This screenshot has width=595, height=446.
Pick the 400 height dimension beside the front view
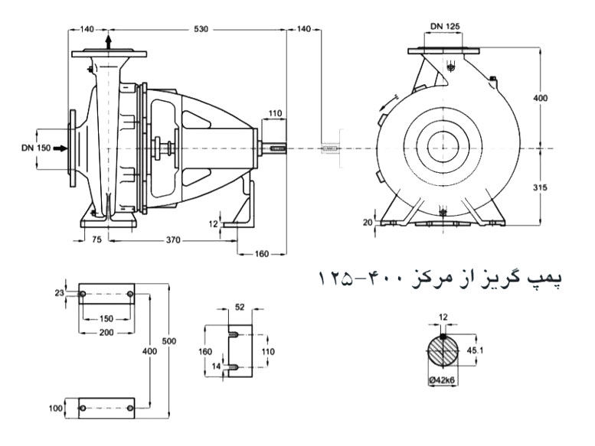coord(541,99)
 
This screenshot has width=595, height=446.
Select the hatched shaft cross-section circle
coord(443,352)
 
